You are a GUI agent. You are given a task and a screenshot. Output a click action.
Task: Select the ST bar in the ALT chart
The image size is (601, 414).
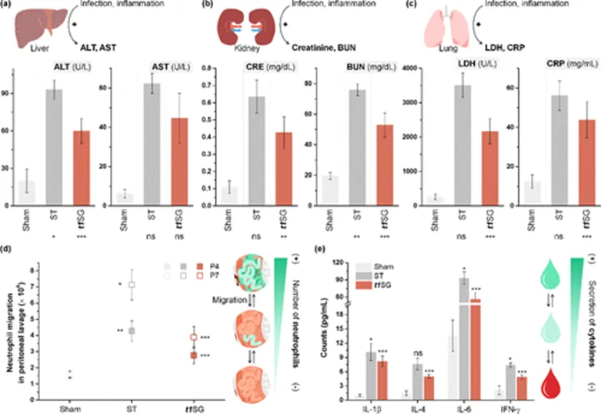click(53, 146)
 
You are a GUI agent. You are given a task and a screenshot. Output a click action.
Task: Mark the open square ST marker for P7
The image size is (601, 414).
click(132, 285)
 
